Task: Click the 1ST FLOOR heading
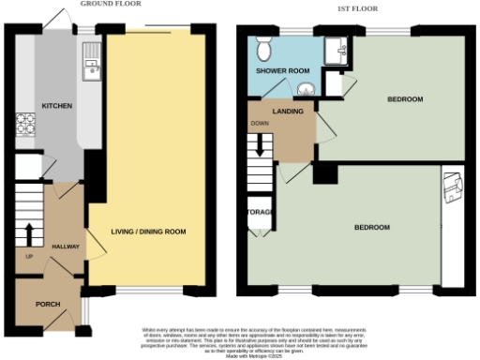[x=352, y=10]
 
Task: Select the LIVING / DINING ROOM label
[x=148, y=232]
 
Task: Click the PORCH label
[x=47, y=305]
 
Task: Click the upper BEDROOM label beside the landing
[x=405, y=99]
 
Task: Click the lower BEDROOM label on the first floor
[x=371, y=228]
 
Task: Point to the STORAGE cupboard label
[x=260, y=212]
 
